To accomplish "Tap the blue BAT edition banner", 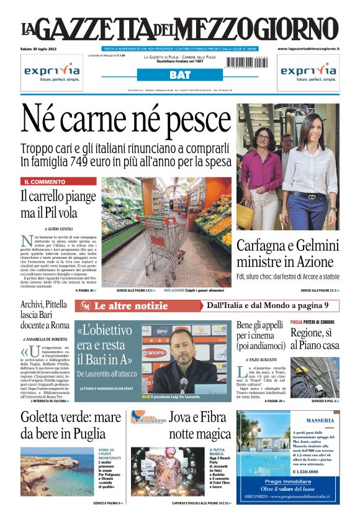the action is click(x=179, y=75).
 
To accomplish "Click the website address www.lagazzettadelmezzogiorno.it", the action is click(x=308, y=48).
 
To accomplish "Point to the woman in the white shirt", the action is click(x=310, y=168).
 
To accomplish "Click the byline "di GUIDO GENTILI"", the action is click(x=58, y=229).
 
